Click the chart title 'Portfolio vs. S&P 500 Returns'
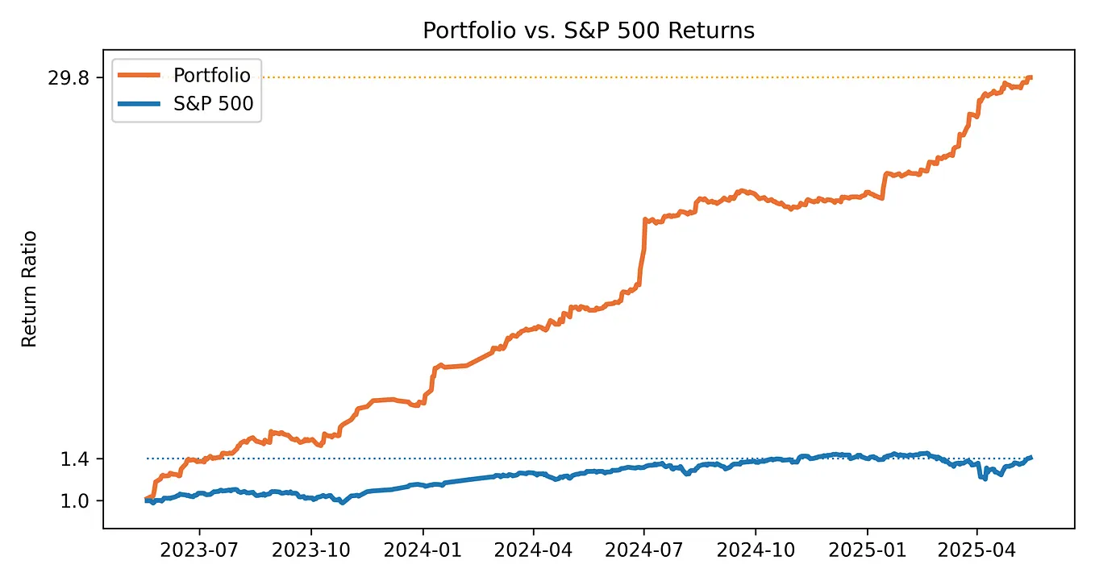click(589, 31)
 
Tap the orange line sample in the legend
click(141, 75)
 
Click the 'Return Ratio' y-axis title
click(29, 288)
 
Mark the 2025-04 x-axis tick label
click(977, 552)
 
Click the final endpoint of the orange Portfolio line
click(1030, 77)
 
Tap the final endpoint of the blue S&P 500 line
click(1030, 458)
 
